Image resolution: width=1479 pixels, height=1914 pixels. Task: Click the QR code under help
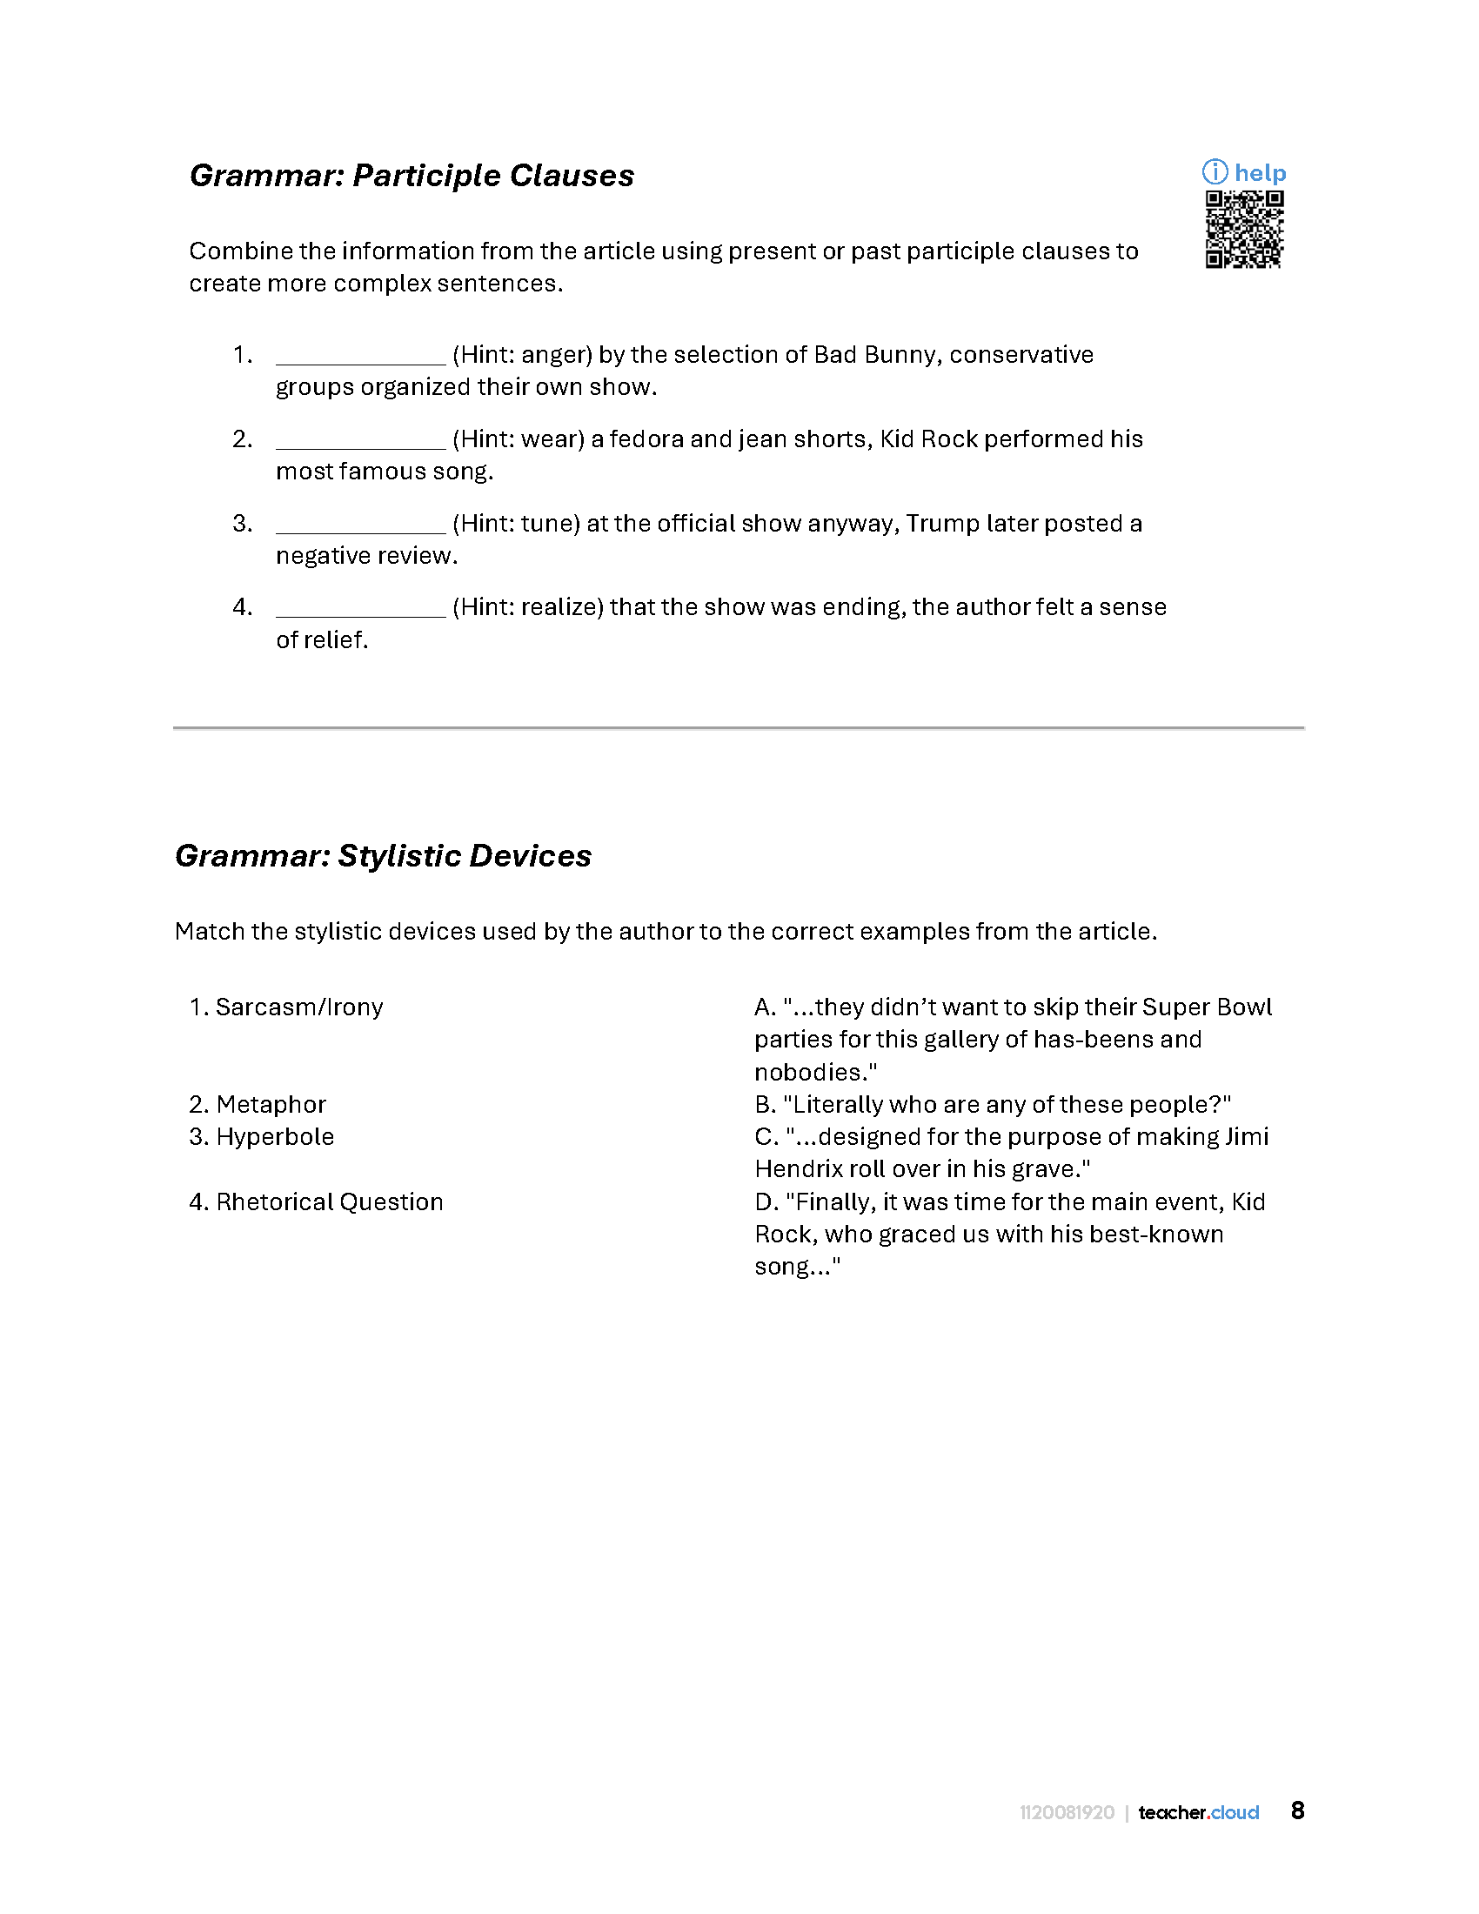pos(1244,229)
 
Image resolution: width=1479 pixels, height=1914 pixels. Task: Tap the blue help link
pos(1245,172)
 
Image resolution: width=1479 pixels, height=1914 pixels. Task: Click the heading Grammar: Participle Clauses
pos(412,175)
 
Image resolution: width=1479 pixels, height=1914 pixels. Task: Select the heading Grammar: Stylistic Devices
pos(383,855)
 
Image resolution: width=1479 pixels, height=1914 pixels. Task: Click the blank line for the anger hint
pos(360,355)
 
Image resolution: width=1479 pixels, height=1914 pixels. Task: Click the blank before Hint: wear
pos(360,439)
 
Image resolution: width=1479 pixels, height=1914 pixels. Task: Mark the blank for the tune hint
pos(360,523)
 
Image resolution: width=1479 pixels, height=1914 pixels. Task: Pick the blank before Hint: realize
pos(360,607)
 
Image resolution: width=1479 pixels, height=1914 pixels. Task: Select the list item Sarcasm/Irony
pos(286,1007)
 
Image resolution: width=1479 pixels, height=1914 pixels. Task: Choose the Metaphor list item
pos(258,1104)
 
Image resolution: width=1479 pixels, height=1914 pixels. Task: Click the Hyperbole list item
pos(261,1137)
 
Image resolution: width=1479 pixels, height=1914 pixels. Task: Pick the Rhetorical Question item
pos(317,1201)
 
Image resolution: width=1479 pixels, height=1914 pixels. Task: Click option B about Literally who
pos(993,1104)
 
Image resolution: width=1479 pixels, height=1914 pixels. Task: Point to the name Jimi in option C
pos(1246,1137)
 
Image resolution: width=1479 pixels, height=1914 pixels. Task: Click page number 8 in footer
pos(1298,1810)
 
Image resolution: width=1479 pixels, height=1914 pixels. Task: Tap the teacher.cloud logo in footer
pos(1198,1812)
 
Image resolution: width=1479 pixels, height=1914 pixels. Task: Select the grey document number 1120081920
pos(1067,1812)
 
